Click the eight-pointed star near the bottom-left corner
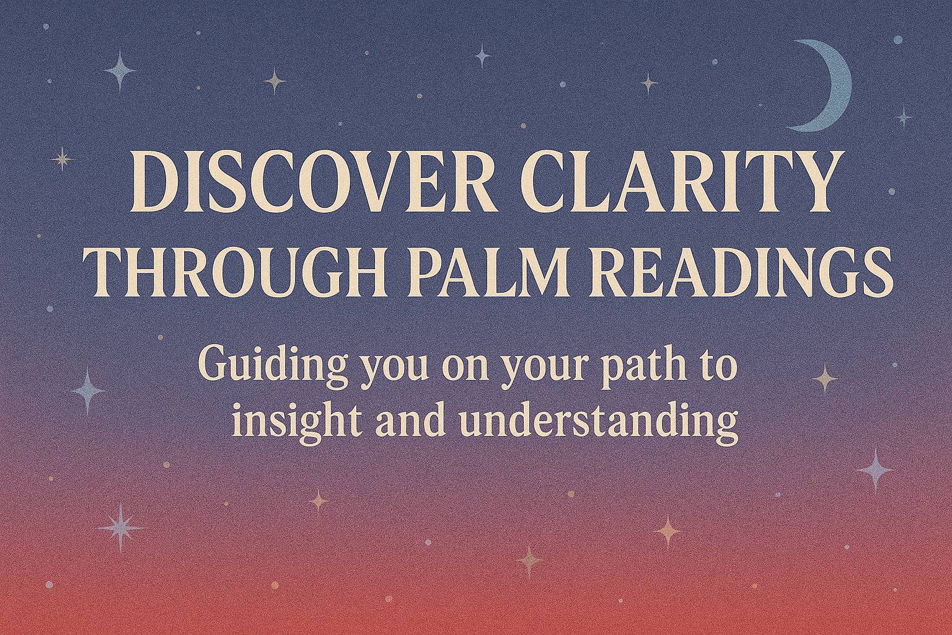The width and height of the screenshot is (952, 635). (121, 527)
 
